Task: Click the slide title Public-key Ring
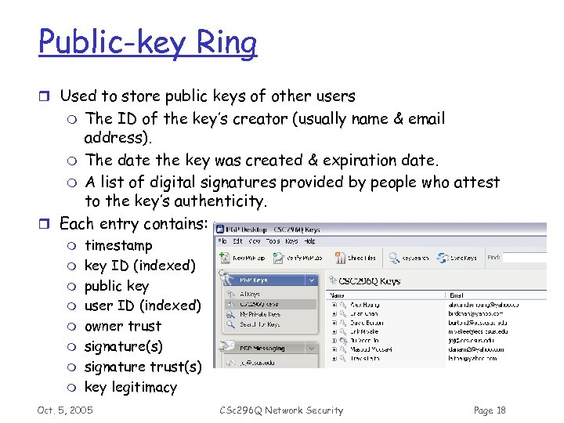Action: click(x=147, y=43)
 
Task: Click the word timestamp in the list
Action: click(x=118, y=245)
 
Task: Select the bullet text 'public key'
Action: click(x=116, y=286)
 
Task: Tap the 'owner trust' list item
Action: click(x=122, y=327)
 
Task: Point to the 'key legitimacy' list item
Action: click(x=130, y=387)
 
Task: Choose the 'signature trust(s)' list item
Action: click(x=143, y=367)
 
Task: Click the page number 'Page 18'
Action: click(x=490, y=410)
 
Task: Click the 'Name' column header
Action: click(x=339, y=295)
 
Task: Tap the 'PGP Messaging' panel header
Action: click(x=264, y=349)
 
